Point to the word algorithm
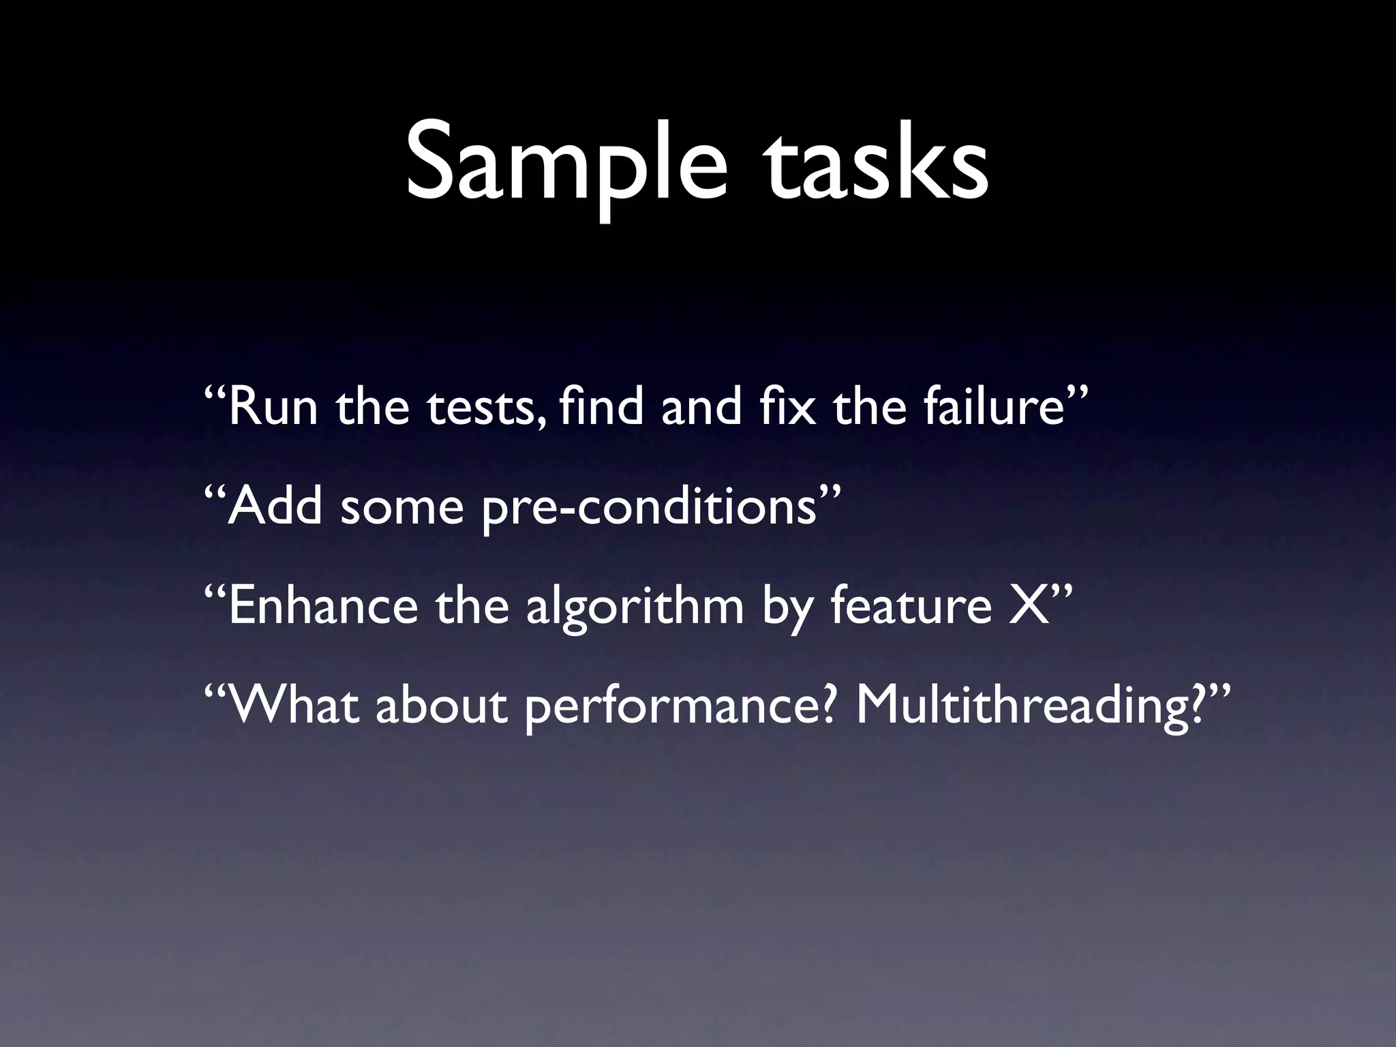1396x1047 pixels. pos(635,607)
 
